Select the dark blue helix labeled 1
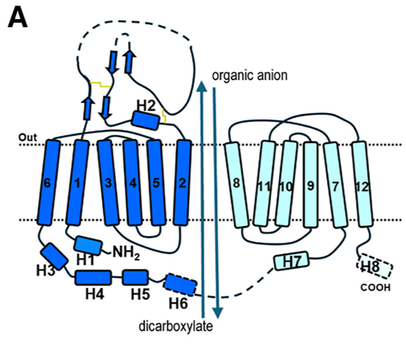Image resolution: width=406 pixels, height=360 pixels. click(x=80, y=183)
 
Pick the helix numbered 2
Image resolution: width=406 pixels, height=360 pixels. click(x=183, y=183)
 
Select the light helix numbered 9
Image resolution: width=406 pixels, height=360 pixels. click(x=311, y=183)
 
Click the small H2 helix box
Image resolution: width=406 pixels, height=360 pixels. click(x=146, y=119)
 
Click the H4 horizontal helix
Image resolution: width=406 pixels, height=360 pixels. click(x=93, y=277)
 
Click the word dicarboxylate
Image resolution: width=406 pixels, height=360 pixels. click(x=180, y=326)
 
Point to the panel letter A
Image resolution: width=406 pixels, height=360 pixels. click(x=18, y=18)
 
